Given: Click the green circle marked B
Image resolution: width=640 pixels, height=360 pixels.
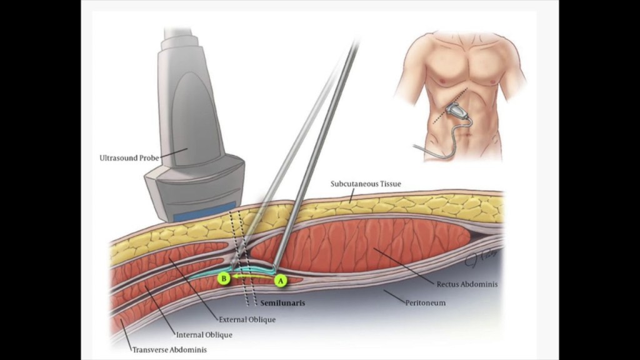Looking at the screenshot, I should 223,278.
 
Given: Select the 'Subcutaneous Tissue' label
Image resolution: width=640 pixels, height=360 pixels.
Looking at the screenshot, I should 366,184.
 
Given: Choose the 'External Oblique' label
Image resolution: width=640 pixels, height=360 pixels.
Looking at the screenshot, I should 247,319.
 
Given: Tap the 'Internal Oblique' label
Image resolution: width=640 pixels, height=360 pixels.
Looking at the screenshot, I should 204,335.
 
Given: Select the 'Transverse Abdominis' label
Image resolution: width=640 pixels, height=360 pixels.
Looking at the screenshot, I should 169,350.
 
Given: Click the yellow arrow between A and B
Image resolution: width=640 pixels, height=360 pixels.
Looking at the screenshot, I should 251,275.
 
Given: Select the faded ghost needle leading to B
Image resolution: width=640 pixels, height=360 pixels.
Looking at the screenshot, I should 294,156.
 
